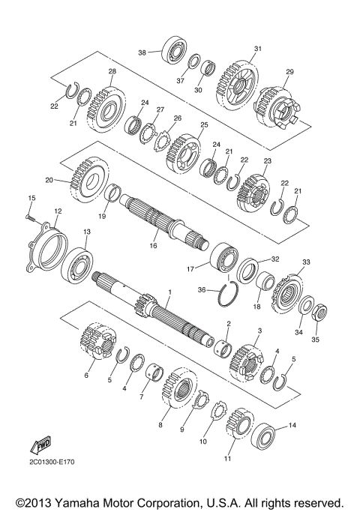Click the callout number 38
[141, 52]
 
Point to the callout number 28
[112, 72]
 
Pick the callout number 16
[154, 245]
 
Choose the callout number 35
[315, 339]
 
